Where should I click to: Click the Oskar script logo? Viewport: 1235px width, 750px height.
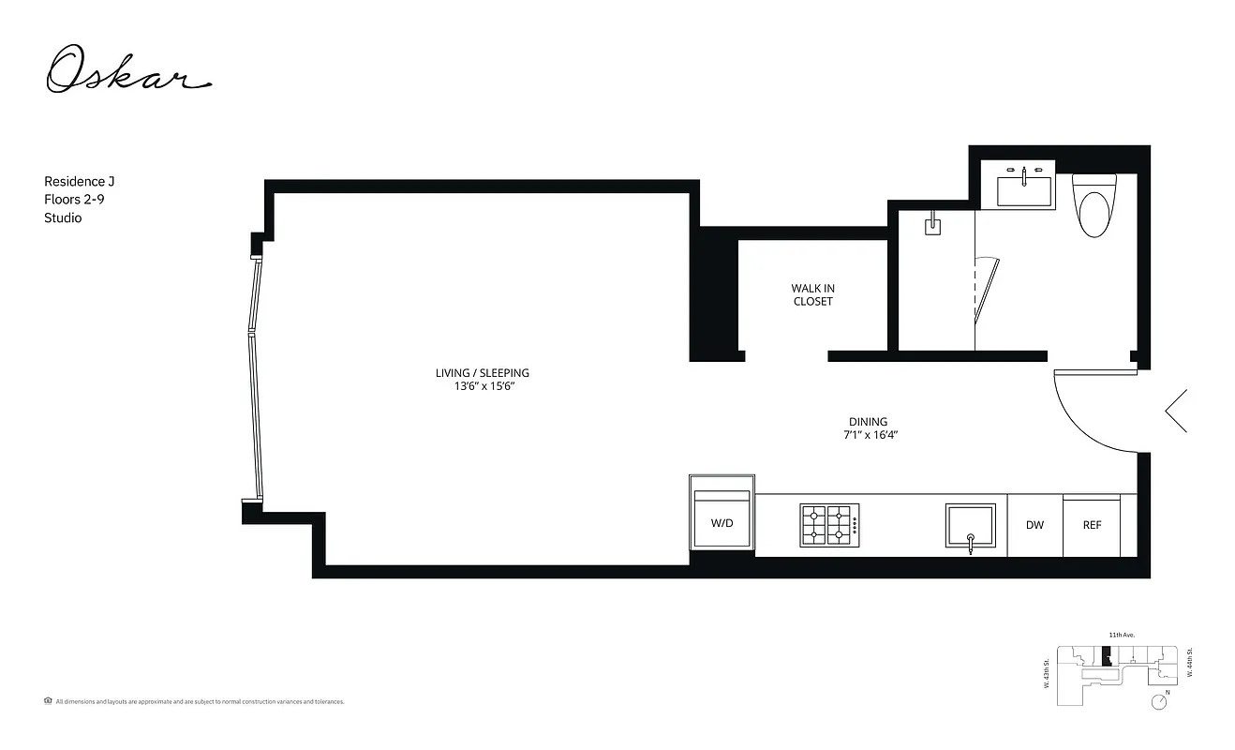[x=128, y=70]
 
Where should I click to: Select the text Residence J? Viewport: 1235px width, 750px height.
[x=79, y=181]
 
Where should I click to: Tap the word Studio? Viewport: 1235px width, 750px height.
[x=63, y=217]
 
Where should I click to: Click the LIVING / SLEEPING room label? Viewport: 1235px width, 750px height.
[x=482, y=372]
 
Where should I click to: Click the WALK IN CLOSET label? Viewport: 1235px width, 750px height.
[x=812, y=294]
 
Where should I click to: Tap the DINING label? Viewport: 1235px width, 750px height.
[x=868, y=422]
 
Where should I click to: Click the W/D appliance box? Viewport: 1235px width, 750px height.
[x=722, y=520]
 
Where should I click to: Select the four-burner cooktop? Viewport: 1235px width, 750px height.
[x=828, y=525]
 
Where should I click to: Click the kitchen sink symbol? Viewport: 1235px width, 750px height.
[x=971, y=526]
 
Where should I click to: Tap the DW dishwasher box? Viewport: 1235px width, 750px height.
[x=1034, y=525]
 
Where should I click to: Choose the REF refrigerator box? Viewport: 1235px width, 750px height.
[x=1092, y=525]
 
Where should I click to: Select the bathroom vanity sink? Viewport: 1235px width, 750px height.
[x=1024, y=189]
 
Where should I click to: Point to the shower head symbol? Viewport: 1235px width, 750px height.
[x=932, y=226]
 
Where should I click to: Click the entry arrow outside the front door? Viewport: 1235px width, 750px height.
[x=1177, y=411]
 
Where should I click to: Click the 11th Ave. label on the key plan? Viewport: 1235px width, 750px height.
[x=1122, y=635]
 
